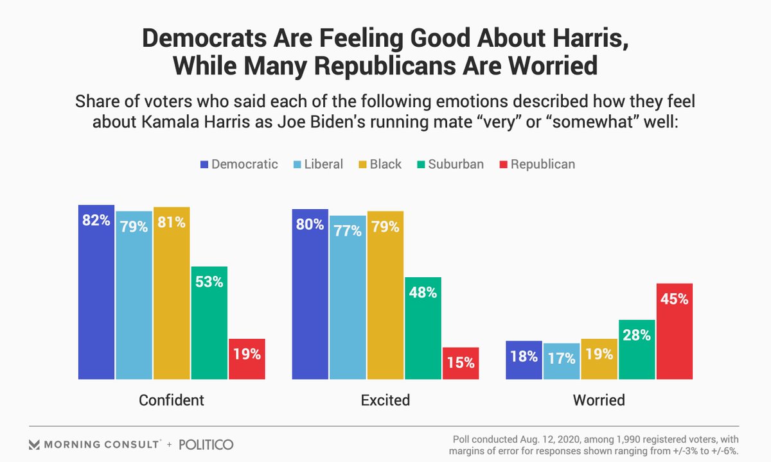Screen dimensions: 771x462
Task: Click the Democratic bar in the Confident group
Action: click(x=96, y=292)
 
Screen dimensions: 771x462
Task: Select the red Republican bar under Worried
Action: click(x=675, y=331)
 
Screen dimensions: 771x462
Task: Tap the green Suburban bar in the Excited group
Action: click(x=423, y=329)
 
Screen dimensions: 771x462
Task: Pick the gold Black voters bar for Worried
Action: click(x=599, y=359)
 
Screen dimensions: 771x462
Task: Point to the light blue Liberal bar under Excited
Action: click(x=348, y=298)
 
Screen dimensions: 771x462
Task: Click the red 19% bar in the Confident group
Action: click(x=247, y=359)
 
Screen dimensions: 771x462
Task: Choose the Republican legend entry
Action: click(x=537, y=164)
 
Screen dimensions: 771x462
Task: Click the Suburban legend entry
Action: click(x=450, y=164)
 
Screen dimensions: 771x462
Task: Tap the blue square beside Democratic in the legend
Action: click(x=204, y=165)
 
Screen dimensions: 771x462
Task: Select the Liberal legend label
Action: click(x=324, y=164)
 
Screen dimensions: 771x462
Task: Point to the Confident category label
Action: click(x=172, y=400)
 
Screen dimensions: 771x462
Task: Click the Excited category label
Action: click(x=385, y=400)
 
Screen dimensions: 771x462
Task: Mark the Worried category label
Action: click(x=599, y=400)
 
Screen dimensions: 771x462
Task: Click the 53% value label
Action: click(x=209, y=282)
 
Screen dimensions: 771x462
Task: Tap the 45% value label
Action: click(x=674, y=299)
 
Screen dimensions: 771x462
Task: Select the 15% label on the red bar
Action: click(x=461, y=363)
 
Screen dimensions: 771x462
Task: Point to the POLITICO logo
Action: click(x=206, y=445)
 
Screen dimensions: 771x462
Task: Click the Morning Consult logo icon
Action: click(x=34, y=445)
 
